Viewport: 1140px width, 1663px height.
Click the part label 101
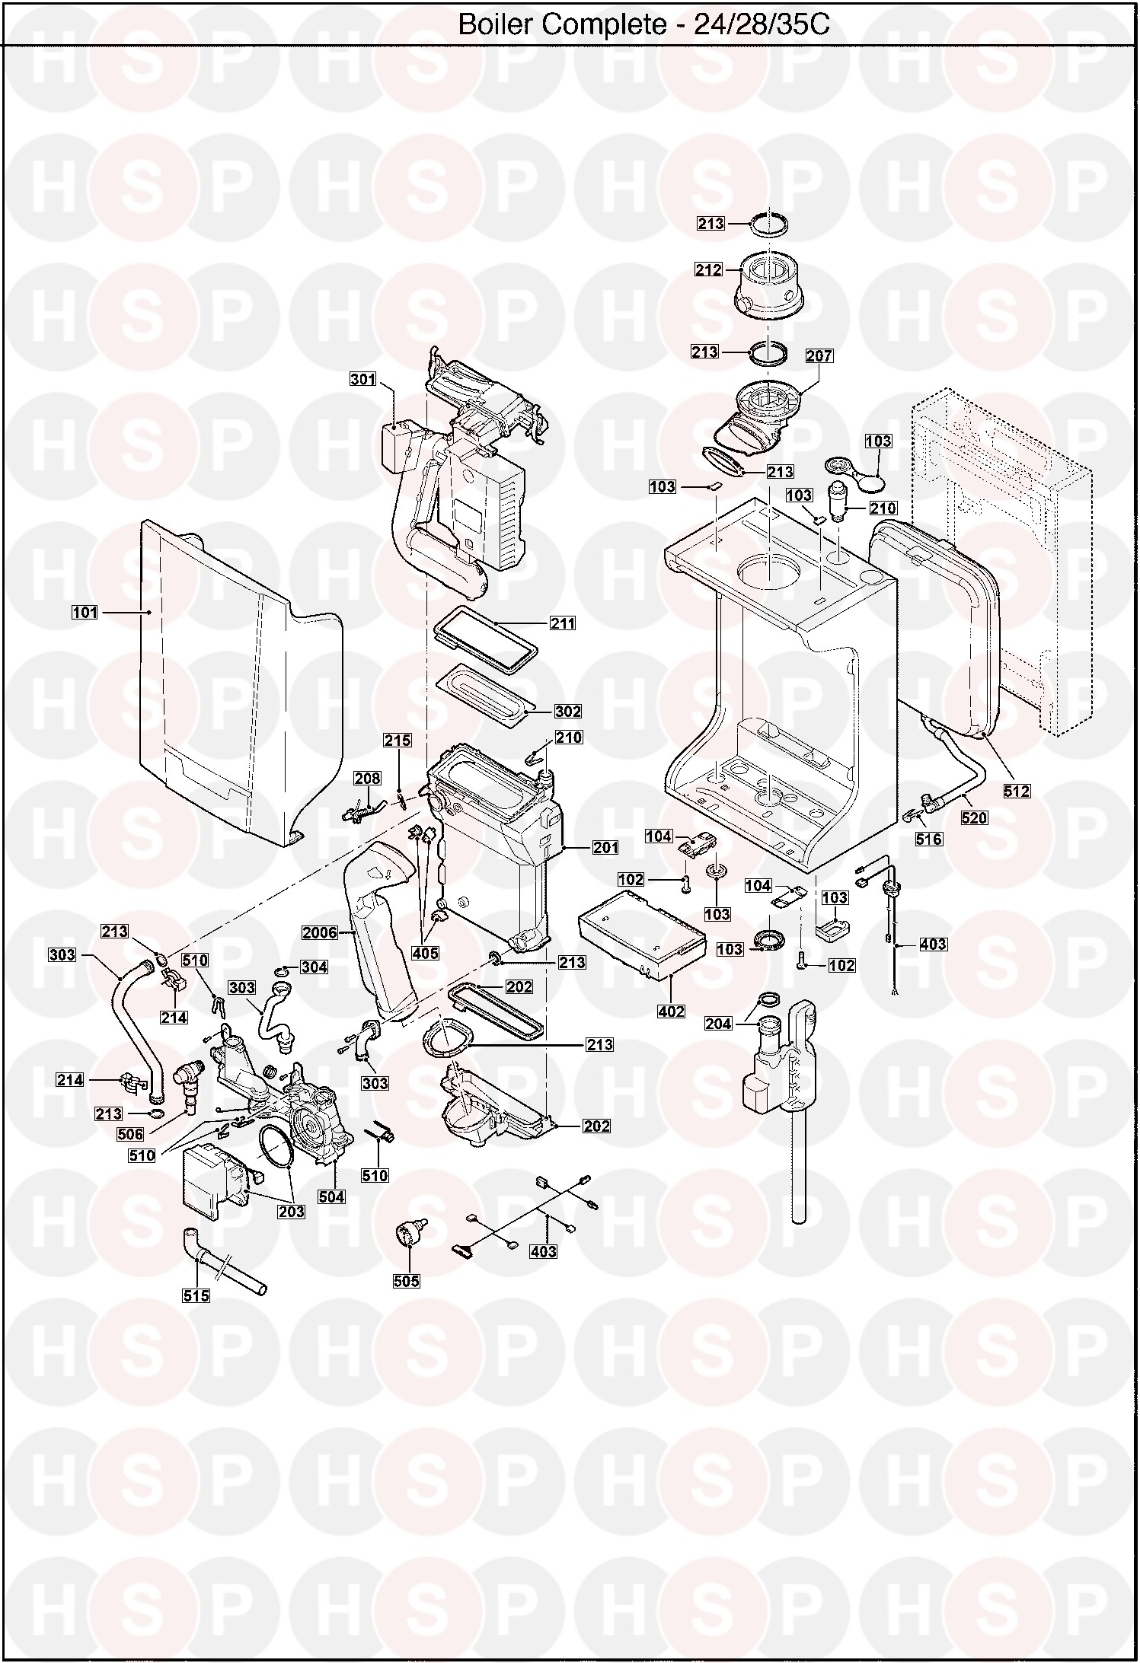pyautogui.click(x=85, y=612)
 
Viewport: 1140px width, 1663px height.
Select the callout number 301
pyautogui.click(x=363, y=380)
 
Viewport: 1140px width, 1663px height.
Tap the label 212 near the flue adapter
pyautogui.click(x=708, y=269)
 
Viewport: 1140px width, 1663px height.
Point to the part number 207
pyautogui.click(x=819, y=355)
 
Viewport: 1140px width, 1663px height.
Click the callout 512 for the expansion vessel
pyautogui.click(x=1017, y=791)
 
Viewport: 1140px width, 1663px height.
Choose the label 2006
pyautogui.click(x=319, y=932)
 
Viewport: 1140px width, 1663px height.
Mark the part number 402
pyautogui.click(x=671, y=1011)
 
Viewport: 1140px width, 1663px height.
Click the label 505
pyautogui.click(x=407, y=1281)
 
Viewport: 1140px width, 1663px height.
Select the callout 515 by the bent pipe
pyautogui.click(x=196, y=1295)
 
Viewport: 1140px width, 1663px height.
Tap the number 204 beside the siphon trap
pyautogui.click(x=719, y=1024)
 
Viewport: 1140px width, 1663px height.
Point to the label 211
pyautogui.click(x=563, y=623)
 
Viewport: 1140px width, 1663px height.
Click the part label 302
pyautogui.click(x=568, y=712)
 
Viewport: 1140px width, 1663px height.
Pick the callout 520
pyautogui.click(x=975, y=818)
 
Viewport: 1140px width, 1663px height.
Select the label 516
pyautogui.click(x=929, y=839)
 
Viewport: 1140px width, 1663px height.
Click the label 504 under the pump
pyautogui.click(x=332, y=1197)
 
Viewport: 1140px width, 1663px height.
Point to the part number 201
pyautogui.click(x=605, y=847)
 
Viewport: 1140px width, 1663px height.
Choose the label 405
pyautogui.click(x=426, y=953)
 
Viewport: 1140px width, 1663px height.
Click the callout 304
pyautogui.click(x=315, y=967)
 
